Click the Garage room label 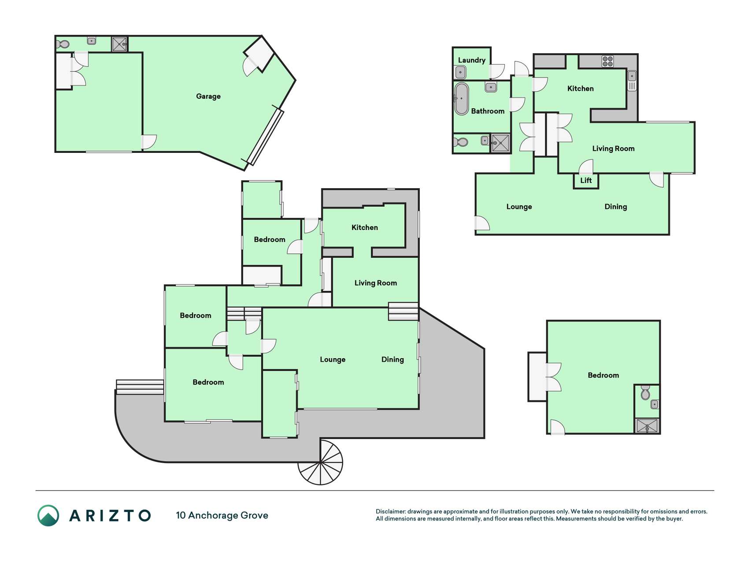tap(208, 96)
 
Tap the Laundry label tap(471, 60)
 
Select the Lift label tap(585, 180)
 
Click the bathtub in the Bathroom tap(461, 99)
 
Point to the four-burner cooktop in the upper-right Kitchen tap(608, 61)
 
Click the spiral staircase tap(320, 462)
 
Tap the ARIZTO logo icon tap(48, 516)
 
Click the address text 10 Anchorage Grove tap(222, 516)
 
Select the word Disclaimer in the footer tap(390, 512)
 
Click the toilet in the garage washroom tap(63, 45)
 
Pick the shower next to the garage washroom tap(119, 44)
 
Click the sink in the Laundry tap(460, 72)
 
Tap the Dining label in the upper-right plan tap(615, 207)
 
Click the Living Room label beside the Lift tap(613, 148)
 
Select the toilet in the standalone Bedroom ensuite tap(645, 393)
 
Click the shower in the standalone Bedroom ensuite tap(647, 426)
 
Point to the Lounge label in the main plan tap(333, 360)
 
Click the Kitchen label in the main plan tap(364, 227)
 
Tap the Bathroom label tap(488, 111)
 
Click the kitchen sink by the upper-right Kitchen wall tap(632, 81)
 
